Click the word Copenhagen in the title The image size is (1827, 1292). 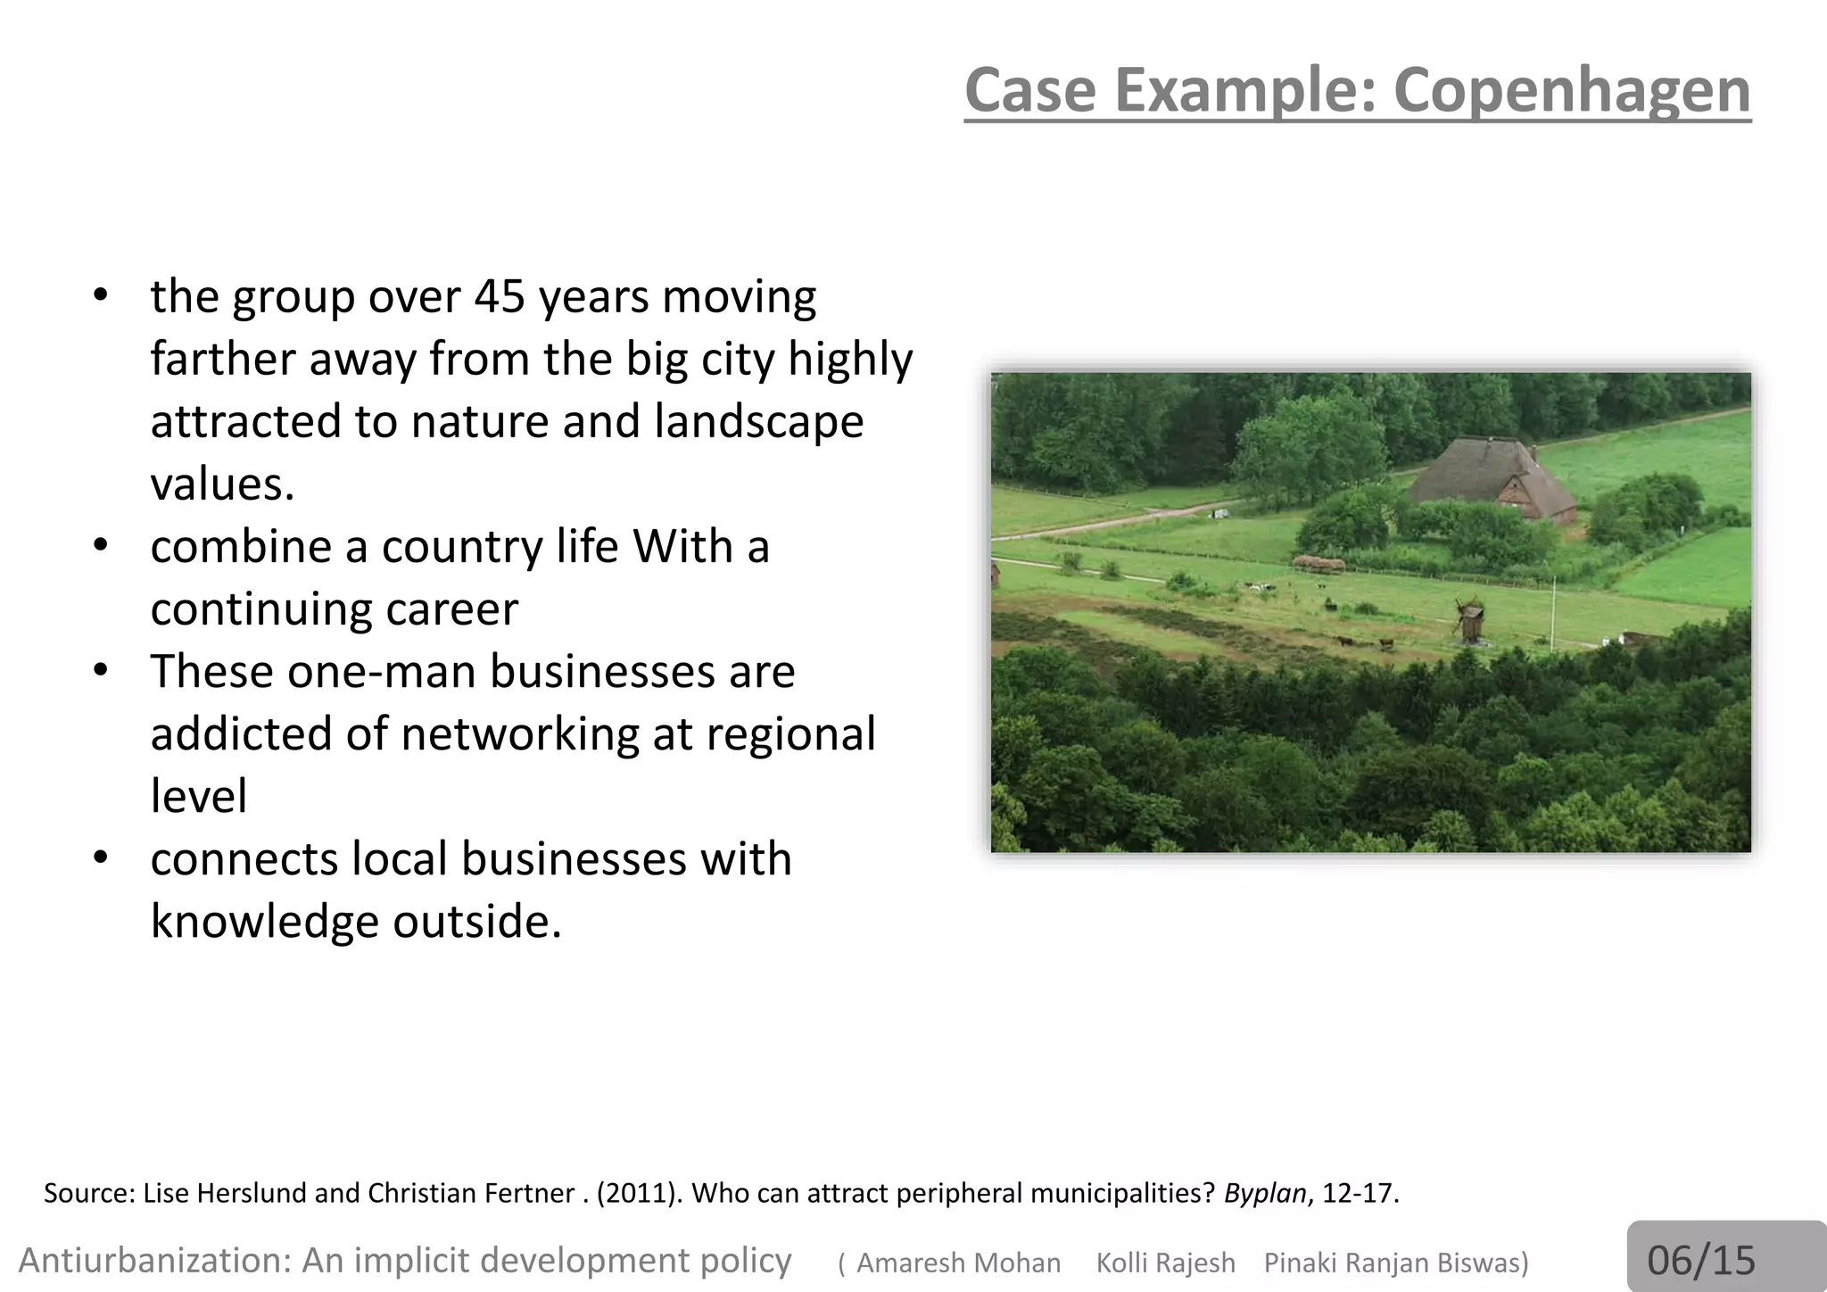(x=1571, y=91)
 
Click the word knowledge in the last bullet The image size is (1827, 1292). (x=264, y=921)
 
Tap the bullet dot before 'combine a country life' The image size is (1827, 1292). (x=101, y=544)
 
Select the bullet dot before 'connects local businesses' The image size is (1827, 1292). (x=101, y=857)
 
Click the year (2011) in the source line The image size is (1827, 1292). (x=634, y=1193)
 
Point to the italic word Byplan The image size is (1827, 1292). (x=1265, y=1193)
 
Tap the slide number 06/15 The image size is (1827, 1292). (x=1700, y=1260)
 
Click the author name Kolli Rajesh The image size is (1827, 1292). (x=1165, y=1263)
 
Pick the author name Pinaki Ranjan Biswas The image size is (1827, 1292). (x=1396, y=1263)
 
